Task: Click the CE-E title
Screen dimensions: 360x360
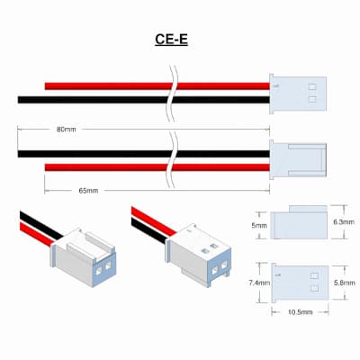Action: point(171,40)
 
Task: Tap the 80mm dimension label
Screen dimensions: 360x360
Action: point(67,130)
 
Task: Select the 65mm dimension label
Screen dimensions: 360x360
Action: point(88,191)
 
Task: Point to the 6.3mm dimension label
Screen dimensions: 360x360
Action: point(344,222)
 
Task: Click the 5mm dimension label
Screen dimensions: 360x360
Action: point(259,225)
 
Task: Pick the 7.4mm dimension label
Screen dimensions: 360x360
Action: point(259,283)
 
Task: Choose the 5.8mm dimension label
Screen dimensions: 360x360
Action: point(345,283)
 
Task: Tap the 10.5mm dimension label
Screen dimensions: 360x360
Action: point(301,312)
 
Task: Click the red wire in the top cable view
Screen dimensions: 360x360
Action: point(157,86)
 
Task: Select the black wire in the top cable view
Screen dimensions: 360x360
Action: point(143,100)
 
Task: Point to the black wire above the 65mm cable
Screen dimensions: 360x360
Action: point(143,154)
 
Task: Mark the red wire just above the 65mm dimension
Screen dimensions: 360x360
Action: point(157,167)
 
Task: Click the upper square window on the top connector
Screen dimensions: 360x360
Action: point(312,87)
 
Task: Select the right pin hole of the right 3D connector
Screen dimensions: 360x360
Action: point(224,265)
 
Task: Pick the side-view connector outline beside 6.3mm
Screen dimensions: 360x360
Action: point(299,222)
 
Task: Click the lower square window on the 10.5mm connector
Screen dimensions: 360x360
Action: point(314,289)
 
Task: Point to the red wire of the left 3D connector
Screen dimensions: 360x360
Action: point(37,235)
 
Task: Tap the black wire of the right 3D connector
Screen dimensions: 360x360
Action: point(149,230)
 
